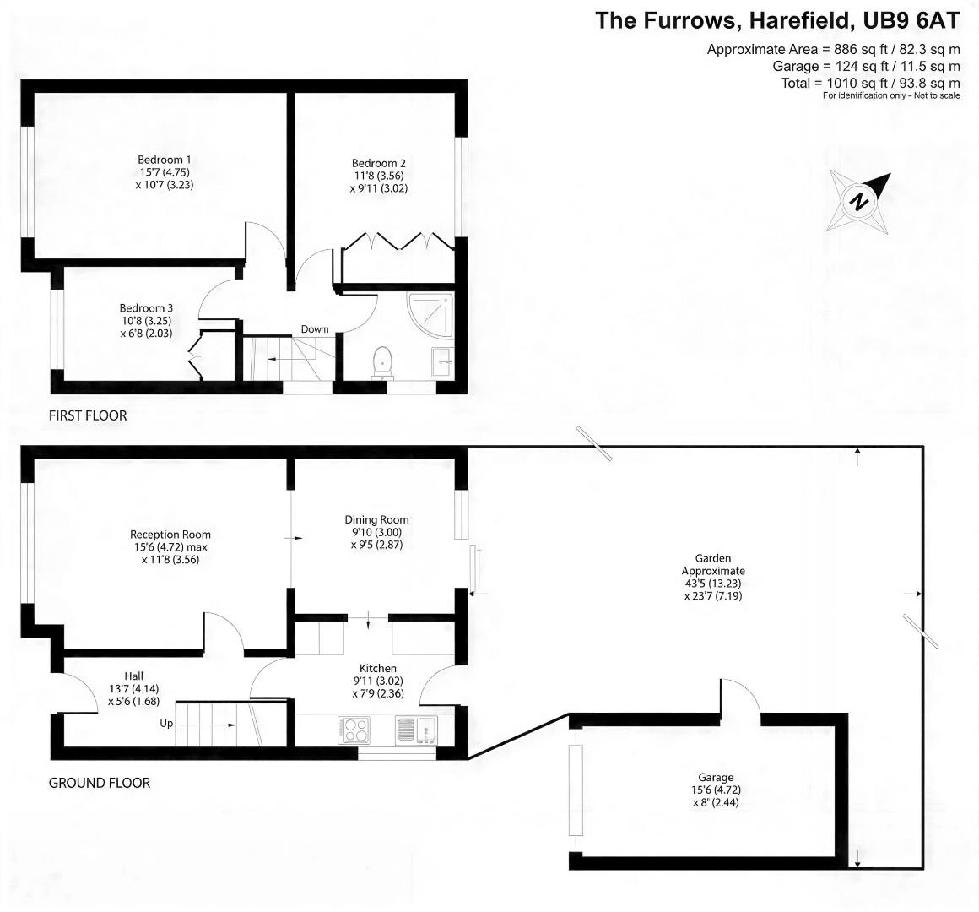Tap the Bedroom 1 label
165,160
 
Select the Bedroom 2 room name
379,163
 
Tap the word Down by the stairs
315,329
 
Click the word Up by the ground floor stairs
166,724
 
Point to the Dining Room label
376,519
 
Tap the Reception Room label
170,534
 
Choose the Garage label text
715,777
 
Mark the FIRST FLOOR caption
88,415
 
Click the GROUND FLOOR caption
100,783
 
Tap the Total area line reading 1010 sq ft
870,83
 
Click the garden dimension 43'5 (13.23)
713,583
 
